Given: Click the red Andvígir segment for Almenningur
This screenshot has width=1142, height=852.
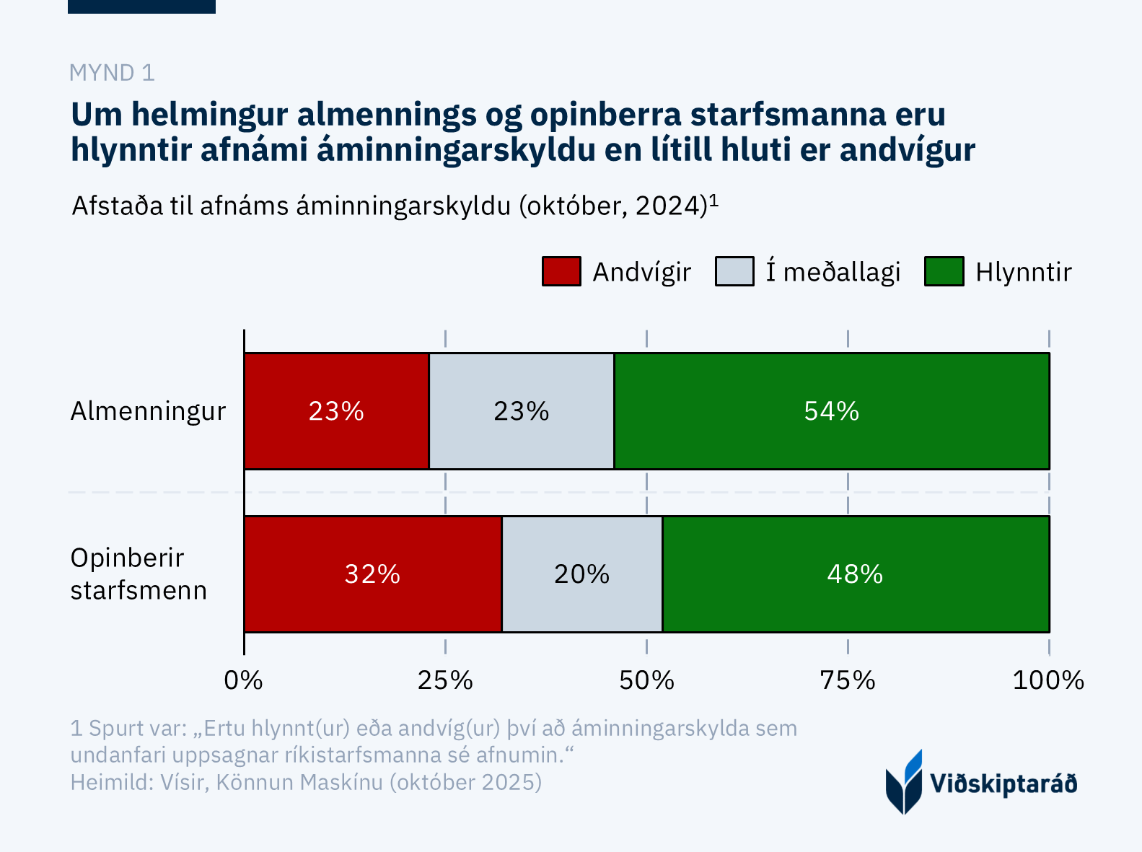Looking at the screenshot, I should pyautogui.click(x=336, y=411).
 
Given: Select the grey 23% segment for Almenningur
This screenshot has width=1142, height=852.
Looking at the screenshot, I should pyautogui.click(x=522, y=411).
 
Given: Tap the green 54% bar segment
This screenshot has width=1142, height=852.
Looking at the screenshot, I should pyautogui.click(x=831, y=411).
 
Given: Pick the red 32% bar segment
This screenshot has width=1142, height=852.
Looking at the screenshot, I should pyautogui.click(x=372, y=574).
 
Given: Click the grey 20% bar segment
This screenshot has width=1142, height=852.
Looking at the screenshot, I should pyautogui.click(x=581, y=574).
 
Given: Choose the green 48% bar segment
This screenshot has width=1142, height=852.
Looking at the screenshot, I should pyautogui.click(x=855, y=574).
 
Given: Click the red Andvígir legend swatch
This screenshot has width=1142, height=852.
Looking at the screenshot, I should pyautogui.click(x=561, y=272).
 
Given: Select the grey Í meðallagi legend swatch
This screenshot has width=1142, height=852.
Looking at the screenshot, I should pyautogui.click(x=734, y=272).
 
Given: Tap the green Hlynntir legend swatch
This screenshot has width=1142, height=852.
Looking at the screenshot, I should pyautogui.click(x=944, y=272).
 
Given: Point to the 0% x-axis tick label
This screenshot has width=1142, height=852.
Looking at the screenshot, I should pyautogui.click(x=244, y=680).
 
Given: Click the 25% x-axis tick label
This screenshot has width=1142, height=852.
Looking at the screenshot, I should pyautogui.click(x=445, y=680).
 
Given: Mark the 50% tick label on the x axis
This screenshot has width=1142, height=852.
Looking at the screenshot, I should pyautogui.click(x=646, y=680).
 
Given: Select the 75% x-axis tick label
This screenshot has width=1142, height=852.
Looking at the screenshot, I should pyautogui.click(x=848, y=680).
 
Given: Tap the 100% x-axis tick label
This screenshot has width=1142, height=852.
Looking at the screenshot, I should pyautogui.click(x=1048, y=680).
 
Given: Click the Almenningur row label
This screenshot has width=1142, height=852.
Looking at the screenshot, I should pyautogui.click(x=148, y=411).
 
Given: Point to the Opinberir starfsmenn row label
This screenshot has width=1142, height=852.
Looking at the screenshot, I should pyautogui.click(x=139, y=574).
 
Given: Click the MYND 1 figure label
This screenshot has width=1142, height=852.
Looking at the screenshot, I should pyautogui.click(x=112, y=73).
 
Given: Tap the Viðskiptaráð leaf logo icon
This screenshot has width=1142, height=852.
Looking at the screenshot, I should pyautogui.click(x=904, y=782).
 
